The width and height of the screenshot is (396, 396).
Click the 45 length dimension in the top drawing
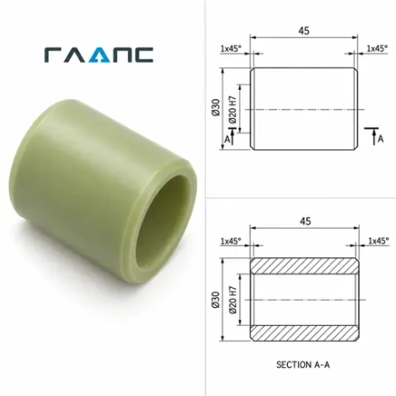coord(303,31)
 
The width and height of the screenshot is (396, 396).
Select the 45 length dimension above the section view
coord(305,221)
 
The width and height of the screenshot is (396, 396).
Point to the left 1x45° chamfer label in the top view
coord(231,49)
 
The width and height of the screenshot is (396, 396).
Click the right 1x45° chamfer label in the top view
coord(377,48)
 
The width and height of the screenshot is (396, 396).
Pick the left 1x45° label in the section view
coord(231,240)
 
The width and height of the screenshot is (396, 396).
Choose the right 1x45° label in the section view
coord(379,240)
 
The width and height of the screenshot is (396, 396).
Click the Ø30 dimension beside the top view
coord(216,107)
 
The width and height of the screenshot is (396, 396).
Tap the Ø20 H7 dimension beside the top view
coord(233,110)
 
